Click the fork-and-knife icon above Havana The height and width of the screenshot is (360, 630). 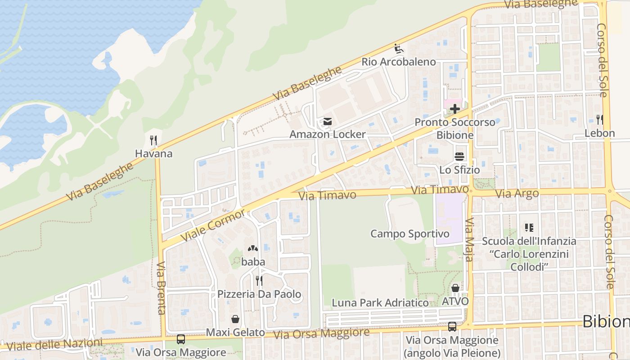(x=153, y=140)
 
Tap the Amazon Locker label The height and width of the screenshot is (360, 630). (x=327, y=134)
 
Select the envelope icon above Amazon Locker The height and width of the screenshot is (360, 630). (x=327, y=121)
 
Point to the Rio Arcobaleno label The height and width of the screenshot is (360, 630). (x=399, y=62)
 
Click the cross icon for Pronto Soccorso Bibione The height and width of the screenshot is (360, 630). (x=455, y=109)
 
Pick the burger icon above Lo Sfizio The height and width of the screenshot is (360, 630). (x=459, y=157)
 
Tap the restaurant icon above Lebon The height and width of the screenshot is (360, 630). (x=599, y=120)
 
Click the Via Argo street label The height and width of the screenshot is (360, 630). (x=517, y=194)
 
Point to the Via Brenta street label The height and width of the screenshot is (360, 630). (x=161, y=288)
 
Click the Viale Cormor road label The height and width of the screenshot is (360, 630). (x=213, y=225)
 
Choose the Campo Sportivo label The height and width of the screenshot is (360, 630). (x=409, y=234)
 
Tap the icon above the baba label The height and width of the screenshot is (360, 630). (x=252, y=248)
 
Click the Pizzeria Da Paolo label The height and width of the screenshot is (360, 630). (x=259, y=294)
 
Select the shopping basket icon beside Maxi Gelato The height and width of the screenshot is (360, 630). (x=235, y=319)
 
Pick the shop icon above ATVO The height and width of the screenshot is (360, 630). (x=455, y=288)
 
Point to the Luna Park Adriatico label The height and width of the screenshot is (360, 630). (x=380, y=303)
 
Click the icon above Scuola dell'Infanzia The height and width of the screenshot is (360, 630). (x=529, y=228)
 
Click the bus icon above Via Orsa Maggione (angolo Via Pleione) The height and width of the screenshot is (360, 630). (x=452, y=327)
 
